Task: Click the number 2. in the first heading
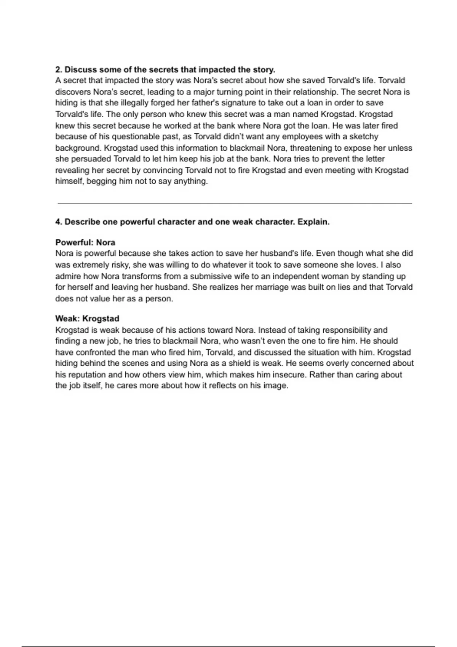pyautogui.click(x=59, y=70)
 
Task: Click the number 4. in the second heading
pyautogui.click(x=59, y=222)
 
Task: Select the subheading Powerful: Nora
pyautogui.click(x=85, y=242)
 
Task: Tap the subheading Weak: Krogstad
pyautogui.click(x=87, y=319)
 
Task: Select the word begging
pyautogui.click(x=102, y=181)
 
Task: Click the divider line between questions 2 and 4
pyautogui.click(x=235, y=203)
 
